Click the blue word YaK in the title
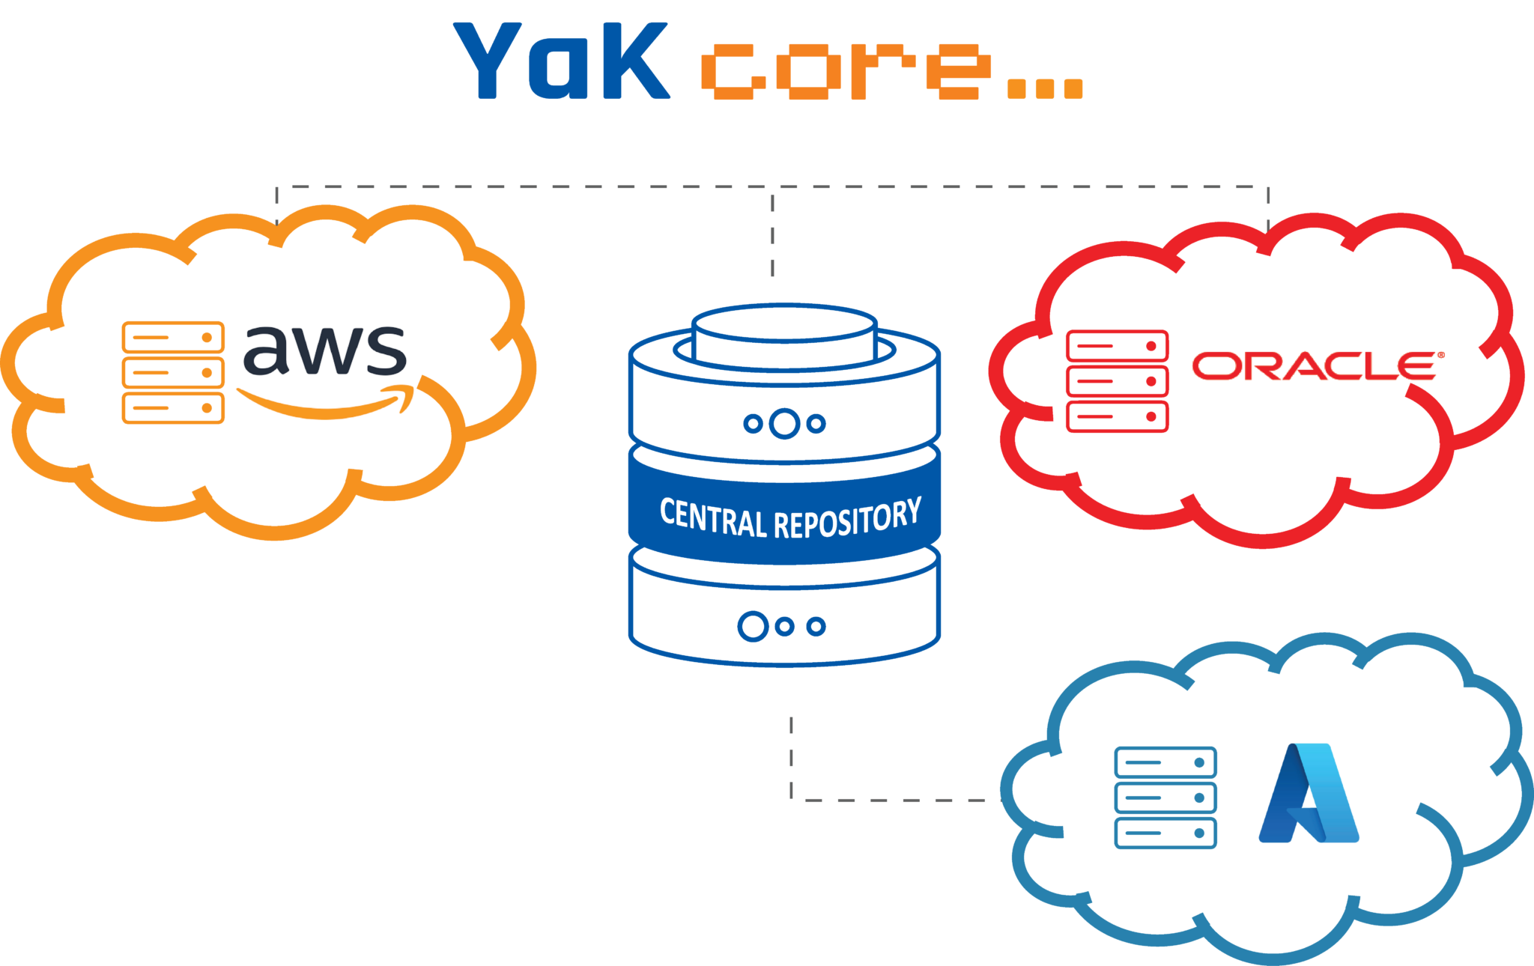click(x=561, y=61)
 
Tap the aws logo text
click(x=325, y=350)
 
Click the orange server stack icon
click(x=173, y=373)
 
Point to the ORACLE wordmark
click(x=1312, y=366)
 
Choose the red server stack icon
click(x=1117, y=381)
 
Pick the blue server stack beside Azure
click(x=1165, y=798)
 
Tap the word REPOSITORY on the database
click(x=847, y=518)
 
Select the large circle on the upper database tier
click(x=784, y=423)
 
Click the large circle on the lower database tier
click(x=753, y=626)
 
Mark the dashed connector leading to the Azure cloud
click(x=884, y=800)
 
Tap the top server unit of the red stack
click(x=1117, y=346)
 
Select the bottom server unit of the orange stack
click(x=173, y=408)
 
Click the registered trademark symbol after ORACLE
click(x=1440, y=356)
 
